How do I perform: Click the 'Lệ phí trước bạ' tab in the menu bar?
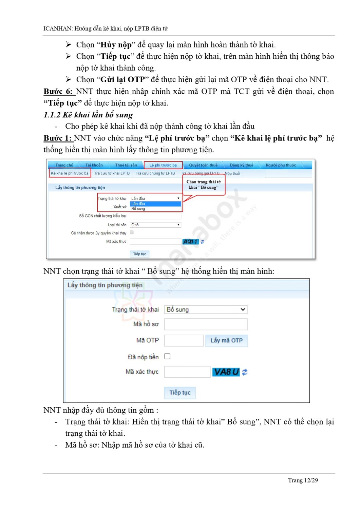click(x=163, y=165)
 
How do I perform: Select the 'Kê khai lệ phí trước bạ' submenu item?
click(x=70, y=173)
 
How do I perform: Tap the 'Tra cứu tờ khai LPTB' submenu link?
click(x=112, y=173)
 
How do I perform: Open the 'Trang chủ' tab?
click(x=64, y=165)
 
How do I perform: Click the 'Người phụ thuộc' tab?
click(x=281, y=165)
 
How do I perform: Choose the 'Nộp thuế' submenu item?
click(x=232, y=173)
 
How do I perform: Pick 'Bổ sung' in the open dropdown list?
click(x=138, y=209)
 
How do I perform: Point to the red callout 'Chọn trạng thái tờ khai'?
click(x=204, y=185)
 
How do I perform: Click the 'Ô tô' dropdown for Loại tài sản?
click(x=155, y=225)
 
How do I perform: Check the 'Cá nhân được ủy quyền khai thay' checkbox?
click(x=132, y=232)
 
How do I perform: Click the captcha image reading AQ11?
click(x=190, y=242)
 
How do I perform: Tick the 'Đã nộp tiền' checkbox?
click(x=167, y=356)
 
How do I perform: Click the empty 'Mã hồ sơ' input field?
click(x=206, y=324)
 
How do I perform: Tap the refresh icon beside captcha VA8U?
click(x=245, y=372)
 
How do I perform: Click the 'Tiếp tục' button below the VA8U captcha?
click(x=180, y=393)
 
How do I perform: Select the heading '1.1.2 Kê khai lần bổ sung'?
click(x=88, y=115)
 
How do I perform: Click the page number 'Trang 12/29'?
click(x=303, y=480)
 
